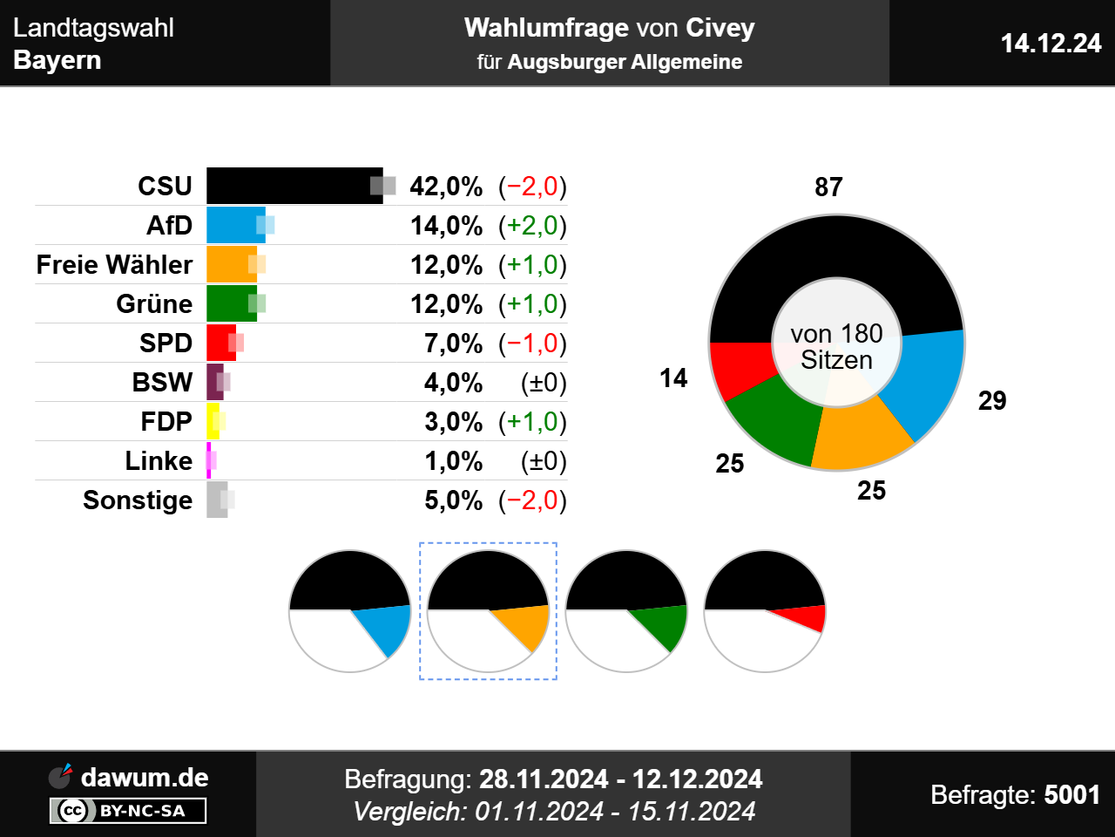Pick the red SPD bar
tap(220, 343)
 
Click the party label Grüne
tap(154, 304)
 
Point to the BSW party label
tap(162, 383)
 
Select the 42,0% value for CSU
tap(446, 187)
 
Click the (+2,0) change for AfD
tap(532, 226)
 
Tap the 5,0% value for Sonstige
tap(453, 500)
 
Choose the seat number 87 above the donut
tap(828, 187)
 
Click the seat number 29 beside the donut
tap(992, 401)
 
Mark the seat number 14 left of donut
tap(673, 378)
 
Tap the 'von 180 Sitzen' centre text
tap(836, 347)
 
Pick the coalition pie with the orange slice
tap(488, 611)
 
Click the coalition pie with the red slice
tap(764, 611)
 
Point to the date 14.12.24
tap(1051, 44)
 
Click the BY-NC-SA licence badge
tap(128, 811)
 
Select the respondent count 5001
tap(1071, 795)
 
